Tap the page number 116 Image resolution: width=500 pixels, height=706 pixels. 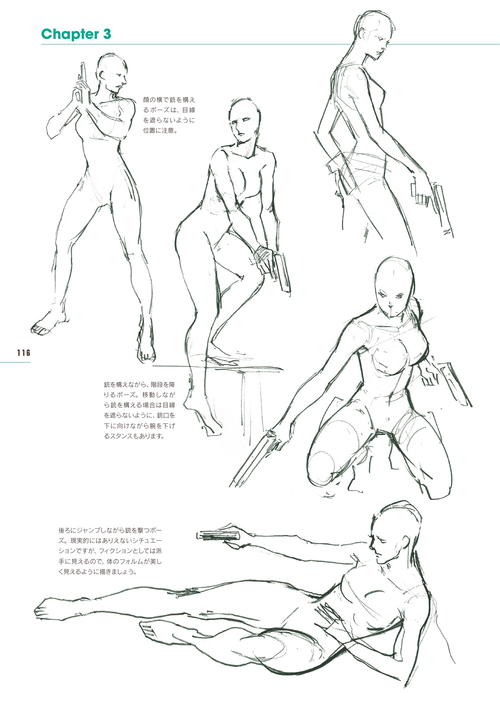24,352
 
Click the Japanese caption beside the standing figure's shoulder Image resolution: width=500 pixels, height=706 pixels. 169,115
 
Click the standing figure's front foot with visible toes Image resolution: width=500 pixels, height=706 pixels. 44,327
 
